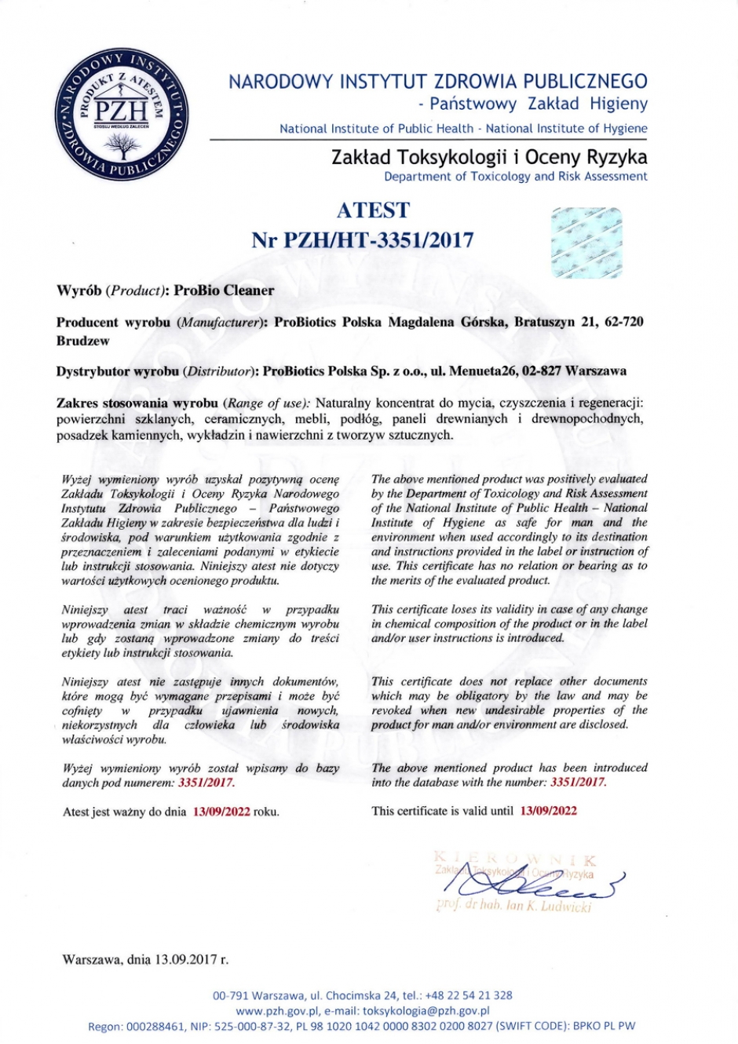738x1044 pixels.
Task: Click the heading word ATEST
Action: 373,210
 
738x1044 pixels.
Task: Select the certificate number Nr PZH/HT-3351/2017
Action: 363,239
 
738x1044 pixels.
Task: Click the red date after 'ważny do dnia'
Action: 221,812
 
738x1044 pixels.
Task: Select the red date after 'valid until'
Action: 548,811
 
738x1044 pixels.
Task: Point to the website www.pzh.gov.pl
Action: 275,1011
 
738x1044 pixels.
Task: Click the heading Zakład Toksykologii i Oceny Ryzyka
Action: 489,156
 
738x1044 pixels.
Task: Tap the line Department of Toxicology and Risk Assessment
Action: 516,177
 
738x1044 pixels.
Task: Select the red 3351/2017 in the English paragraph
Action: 578,783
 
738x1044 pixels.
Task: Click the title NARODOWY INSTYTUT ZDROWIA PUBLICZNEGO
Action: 438,82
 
